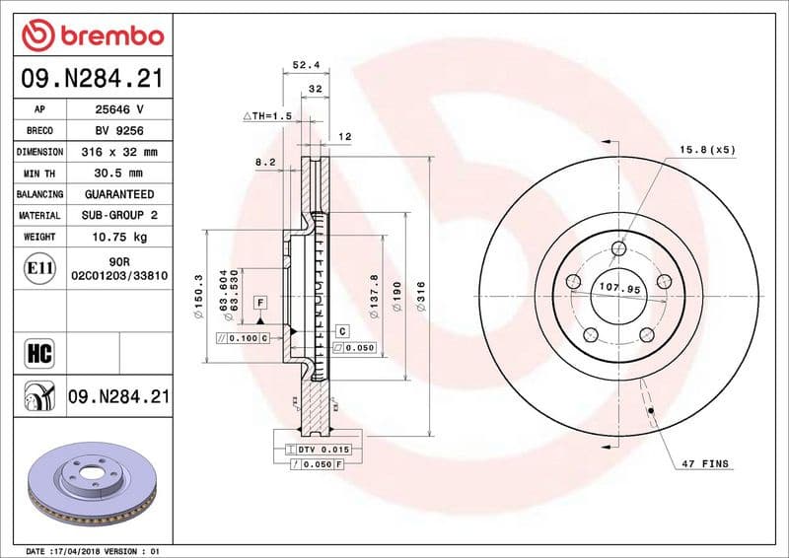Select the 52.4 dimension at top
tap(304, 66)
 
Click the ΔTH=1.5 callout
tap(267, 115)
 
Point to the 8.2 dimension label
tap(264, 160)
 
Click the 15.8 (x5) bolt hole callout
tap(706, 149)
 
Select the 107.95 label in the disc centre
tap(619, 289)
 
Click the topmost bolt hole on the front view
tap(618, 247)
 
